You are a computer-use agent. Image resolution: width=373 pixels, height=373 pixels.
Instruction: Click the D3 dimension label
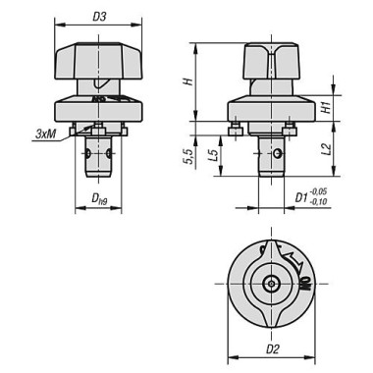99,17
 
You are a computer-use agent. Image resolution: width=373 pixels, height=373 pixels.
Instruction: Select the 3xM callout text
45,133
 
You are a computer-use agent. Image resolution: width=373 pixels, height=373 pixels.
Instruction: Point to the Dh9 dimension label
99,198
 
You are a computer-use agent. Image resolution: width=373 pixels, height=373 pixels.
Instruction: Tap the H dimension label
188,81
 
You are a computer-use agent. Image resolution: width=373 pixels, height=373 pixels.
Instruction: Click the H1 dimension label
326,108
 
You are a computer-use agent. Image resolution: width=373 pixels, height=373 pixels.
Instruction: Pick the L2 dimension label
327,149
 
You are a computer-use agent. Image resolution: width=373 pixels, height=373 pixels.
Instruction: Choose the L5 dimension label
213,154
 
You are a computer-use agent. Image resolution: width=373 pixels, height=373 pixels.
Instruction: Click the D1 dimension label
301,197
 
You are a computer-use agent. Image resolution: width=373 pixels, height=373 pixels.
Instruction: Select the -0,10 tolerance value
318,202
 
